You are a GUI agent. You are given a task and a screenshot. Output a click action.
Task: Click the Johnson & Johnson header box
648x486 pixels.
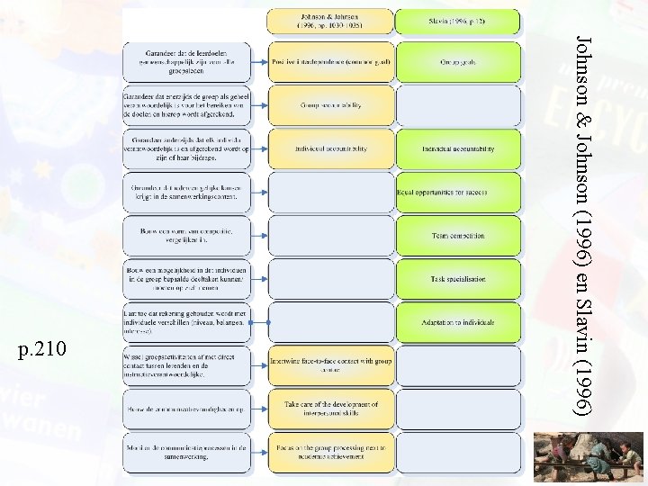pos(330,22)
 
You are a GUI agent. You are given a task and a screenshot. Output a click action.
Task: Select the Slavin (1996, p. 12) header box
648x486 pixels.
pos(457,22)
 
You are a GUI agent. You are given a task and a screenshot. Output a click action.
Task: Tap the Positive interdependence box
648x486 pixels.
pos(330,63)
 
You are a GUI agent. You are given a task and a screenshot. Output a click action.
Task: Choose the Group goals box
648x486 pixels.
pos(457,63)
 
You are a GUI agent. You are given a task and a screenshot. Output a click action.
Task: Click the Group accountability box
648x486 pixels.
pos(330,105)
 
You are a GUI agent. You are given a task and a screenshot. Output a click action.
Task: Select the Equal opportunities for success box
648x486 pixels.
pos(457,191)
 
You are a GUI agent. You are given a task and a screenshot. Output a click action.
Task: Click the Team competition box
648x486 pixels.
pos(457,235)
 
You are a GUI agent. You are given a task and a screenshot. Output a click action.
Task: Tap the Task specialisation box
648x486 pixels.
pos(457,278)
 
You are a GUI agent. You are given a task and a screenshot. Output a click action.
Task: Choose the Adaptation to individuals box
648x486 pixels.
pos(457,321)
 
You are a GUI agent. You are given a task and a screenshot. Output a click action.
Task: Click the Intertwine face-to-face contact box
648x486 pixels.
pos(330,364)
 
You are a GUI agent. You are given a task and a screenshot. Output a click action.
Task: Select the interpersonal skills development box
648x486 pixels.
pos(330,408)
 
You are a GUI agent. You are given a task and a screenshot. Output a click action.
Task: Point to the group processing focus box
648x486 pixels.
pos(330,451)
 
